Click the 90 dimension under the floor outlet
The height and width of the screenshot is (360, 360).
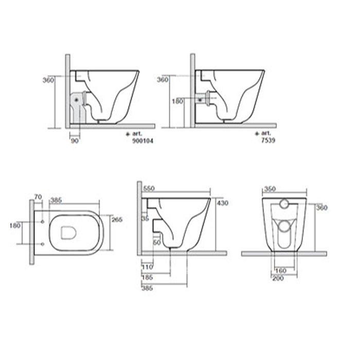[75, 141]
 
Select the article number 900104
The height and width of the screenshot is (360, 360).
[142, 141]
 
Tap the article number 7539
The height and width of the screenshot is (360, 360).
[268, 140]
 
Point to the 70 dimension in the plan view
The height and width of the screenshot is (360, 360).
[38, 197]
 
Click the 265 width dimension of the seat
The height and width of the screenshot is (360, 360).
[117, 220]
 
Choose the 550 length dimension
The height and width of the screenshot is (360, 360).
[149, 189]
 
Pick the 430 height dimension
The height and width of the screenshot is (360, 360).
[223, 203]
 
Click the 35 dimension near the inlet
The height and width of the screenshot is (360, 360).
[145, 219]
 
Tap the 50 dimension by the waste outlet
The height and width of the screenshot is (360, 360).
[157, 242]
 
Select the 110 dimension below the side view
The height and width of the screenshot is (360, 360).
[147, 267]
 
